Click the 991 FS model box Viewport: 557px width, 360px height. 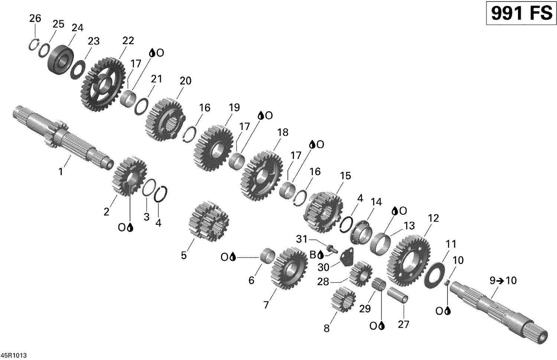pyautogui.click(x=521, y=13)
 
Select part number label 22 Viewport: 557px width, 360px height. pyautogui.click(x=128, y=40)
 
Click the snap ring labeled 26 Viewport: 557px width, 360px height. pyautogui.click(x=34, y=44)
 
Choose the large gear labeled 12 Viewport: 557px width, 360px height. pyautogui.click(x=408, y=260)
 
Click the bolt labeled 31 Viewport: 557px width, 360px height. pyautogui.click(x=331, y=249)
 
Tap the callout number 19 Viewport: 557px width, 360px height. pyautogui.click(x=234, y=108)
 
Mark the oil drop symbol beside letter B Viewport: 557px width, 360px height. pyautogui.click(x=321, y=255)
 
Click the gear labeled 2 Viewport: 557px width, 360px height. pyautogui.click(x=129, y=176)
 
